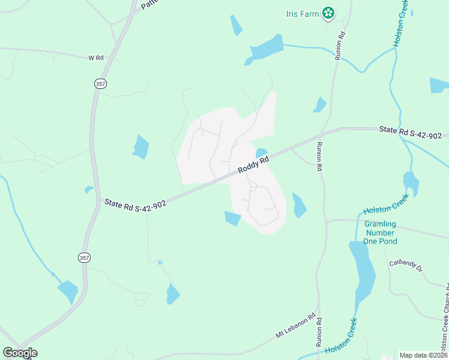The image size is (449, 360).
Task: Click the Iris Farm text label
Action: (x=302, y=13)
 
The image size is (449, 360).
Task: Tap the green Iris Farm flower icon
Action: (x=328, y=13)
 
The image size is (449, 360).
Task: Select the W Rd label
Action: (x=96, y=58)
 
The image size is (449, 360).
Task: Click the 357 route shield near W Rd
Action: (x=100, y=84)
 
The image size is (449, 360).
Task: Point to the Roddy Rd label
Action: (x=253, y=162)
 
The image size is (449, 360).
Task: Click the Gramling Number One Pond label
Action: (x=379, y=233)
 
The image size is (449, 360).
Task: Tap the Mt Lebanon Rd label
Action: (x=295, y=326)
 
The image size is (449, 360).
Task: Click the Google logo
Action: (x=20, y=353)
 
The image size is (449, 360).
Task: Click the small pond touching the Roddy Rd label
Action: (x=262, y=153)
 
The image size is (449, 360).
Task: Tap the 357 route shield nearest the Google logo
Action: (x=84, y=257)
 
